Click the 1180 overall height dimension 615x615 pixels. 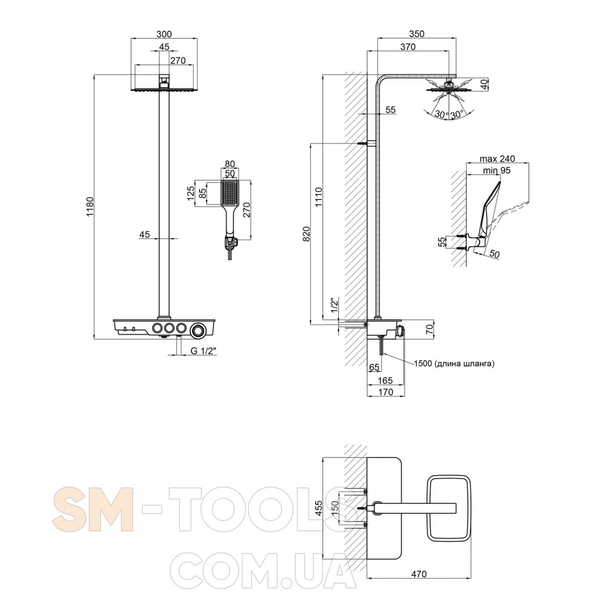click(x=90, y=207)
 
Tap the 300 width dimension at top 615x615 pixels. click(x=163, y=33)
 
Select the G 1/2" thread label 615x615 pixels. click(x=203, y=351)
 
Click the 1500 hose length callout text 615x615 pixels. click(x=454, y=363)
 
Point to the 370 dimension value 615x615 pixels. click(x=408, y=47)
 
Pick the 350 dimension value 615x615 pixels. click(x=417, y=33)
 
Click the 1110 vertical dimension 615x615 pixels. click(x=319, y=197)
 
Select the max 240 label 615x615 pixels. click(x=497, y=158)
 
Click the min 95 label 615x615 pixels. click(x=497, y=171)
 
